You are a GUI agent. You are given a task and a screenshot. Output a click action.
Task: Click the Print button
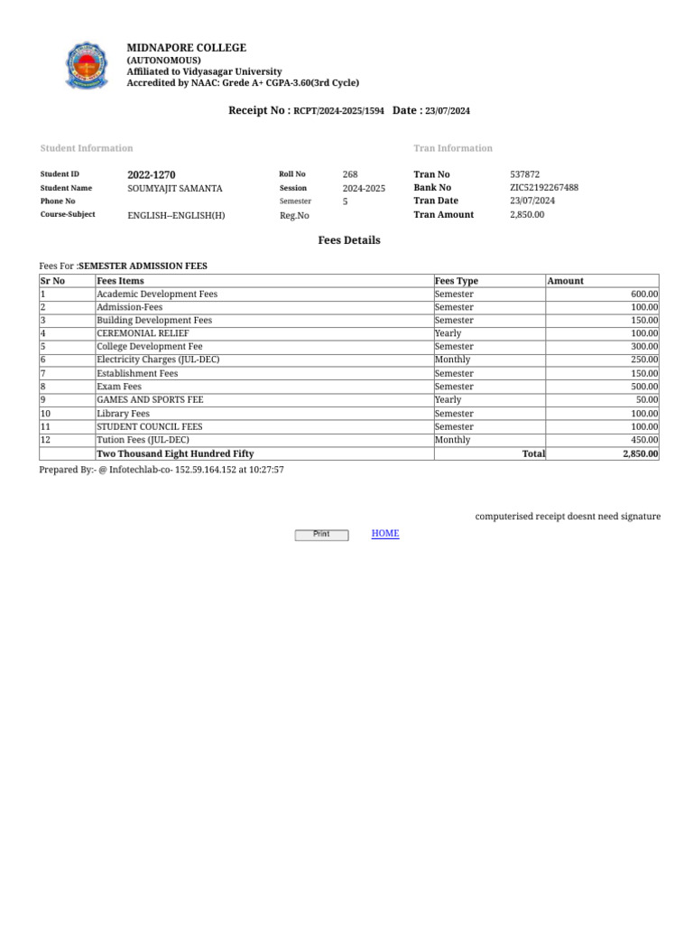point(321,535)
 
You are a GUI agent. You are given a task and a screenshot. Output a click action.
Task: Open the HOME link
point(385,534)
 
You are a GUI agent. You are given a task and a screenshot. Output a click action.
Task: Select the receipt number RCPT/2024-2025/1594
point(338,111)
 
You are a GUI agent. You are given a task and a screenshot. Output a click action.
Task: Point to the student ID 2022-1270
point(152,174)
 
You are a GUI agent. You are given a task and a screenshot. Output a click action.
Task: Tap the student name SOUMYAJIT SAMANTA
point(175,189)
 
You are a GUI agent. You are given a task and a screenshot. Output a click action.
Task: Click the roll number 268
point(350,174)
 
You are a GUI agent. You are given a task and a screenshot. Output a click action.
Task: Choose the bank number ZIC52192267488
point(544,188)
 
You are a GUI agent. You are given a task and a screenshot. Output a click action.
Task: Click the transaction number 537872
point(525,174)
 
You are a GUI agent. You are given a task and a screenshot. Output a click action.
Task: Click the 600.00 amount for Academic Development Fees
point(644,294)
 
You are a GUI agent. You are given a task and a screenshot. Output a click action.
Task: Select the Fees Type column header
point(457,281)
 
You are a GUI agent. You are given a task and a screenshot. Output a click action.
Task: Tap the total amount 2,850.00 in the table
point(640,454)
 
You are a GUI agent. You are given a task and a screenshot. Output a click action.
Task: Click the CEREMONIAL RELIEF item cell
point(143,333)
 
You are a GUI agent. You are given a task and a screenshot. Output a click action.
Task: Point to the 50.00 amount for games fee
point(647,399)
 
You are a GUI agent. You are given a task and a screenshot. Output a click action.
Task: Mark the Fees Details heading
point(349,240)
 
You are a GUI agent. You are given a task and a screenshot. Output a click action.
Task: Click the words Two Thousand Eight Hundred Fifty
point(175,454)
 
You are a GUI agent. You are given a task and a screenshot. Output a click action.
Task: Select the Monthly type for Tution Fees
point(452,440)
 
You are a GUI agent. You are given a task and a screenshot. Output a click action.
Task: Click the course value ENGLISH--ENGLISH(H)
point(177,215)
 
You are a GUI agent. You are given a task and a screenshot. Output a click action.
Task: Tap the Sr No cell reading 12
point(46,440)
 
